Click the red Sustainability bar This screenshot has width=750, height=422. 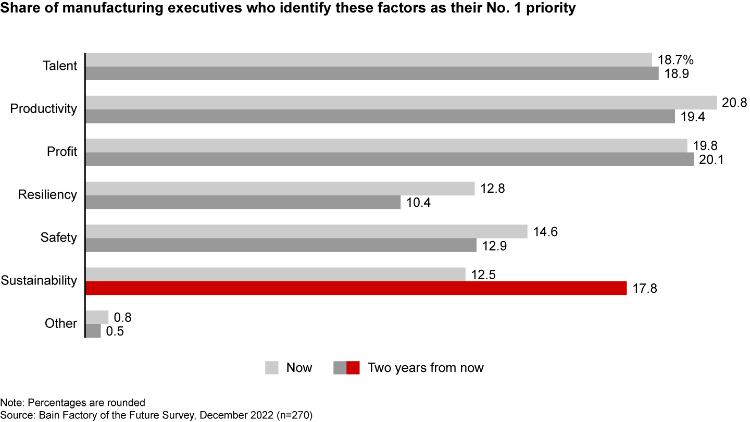356,288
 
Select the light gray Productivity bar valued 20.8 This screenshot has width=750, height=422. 401,102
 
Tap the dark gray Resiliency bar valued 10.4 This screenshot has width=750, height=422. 243,202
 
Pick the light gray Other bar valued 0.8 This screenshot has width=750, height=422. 97,317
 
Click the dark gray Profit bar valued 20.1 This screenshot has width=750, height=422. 390,159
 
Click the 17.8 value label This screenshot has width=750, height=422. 645,288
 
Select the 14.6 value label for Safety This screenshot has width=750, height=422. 545,231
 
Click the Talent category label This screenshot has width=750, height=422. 60,66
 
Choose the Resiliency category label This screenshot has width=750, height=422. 47,195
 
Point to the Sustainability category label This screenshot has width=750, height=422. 39,281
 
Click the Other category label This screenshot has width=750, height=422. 61,324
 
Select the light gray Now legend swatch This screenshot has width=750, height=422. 272,368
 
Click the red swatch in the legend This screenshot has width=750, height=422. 353,368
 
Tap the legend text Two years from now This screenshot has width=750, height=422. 426,368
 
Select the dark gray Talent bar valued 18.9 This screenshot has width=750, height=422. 372,73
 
